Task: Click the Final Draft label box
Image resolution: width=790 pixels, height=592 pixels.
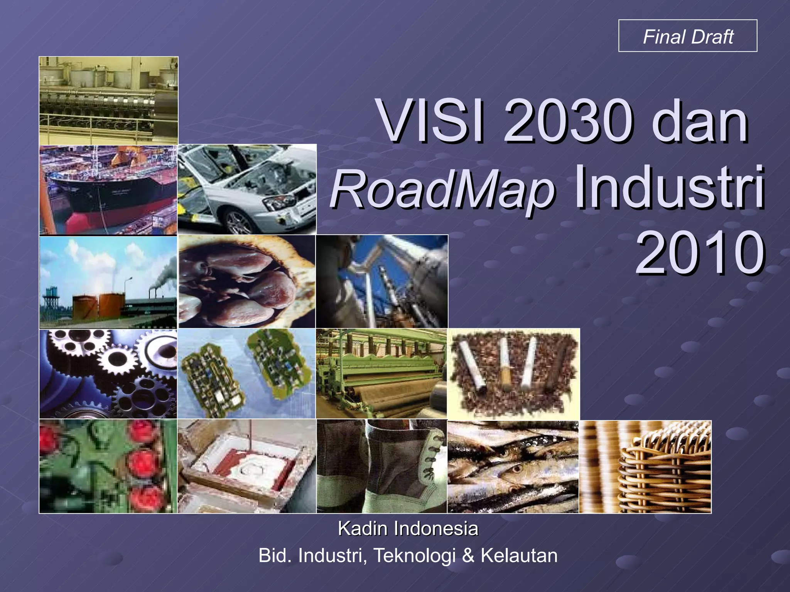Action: click(x=688, y=36)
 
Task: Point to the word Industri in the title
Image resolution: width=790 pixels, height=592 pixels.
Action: click(x=669, y=188)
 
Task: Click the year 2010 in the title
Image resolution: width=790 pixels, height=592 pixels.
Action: click(x=700, y=253)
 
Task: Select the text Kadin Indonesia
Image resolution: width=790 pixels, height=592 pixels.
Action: click(x=408, y=528)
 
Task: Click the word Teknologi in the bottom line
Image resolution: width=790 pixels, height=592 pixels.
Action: click(x=415, y=556)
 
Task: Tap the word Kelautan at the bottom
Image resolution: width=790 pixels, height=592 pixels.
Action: click(x=519, y=556)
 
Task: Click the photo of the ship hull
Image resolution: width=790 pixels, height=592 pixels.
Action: click(x=108, y=190)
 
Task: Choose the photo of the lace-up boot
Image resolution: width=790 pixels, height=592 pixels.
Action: click(x=381, y=466)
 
